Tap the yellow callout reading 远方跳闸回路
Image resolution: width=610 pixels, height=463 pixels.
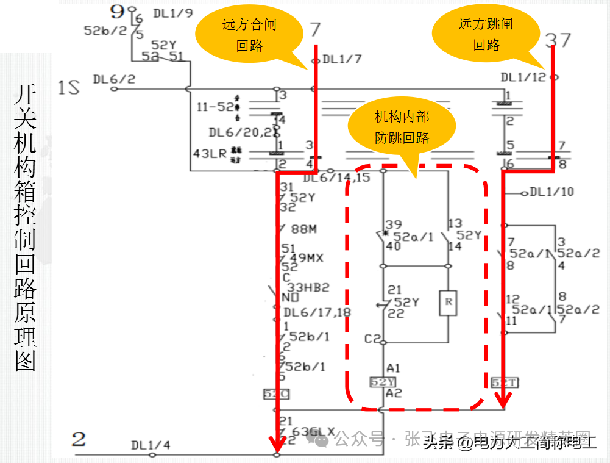pyautogui.click(x=486, y=34)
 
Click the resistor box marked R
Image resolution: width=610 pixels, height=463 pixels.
pyautogui.click(x=448, y=303)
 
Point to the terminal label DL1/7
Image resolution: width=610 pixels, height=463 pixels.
pyautogui.click(x=342, y=60)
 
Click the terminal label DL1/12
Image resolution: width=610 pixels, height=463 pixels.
pyautogui.click(x=523, y=77)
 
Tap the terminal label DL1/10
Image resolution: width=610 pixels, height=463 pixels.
pyautogui.click(x=551, y=192)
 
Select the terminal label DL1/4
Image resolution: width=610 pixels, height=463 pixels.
pyautogui.click(x=151, y=445)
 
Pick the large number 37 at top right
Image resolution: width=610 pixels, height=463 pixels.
pyautogui.click(x=558, y=40)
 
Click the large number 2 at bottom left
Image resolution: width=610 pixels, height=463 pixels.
pyautogui.click(x=79, y=439)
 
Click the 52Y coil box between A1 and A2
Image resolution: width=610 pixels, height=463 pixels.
pyautogui.click(x=383, y=382)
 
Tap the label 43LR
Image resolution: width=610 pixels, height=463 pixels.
pyautogui.click(x=210, y=154)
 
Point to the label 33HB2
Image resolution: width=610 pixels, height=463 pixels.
pyautogui.click(x=308, y=287)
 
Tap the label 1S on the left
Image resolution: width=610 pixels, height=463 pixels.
pyautogui.click(x=69, y=88)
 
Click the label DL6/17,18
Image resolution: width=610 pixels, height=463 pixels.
pyautogui.click(x=317, y=313)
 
